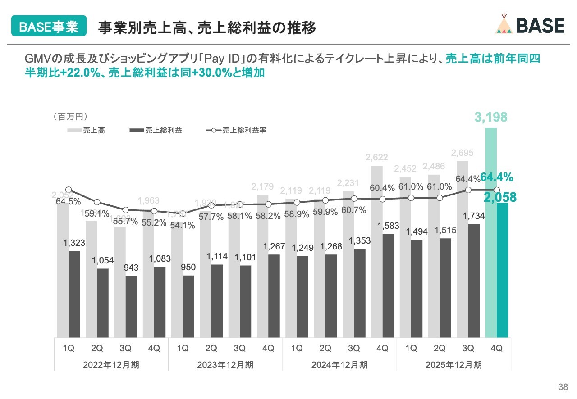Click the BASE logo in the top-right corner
click(530, 26)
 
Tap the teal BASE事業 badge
click(48, 27)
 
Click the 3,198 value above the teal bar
click(490, 118)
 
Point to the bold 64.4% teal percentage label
click(497, 177)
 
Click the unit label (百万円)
click(70, 117)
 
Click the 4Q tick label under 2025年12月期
click(496, 348)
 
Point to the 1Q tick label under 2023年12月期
click(183, 348)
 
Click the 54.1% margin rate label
click(183, 225)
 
